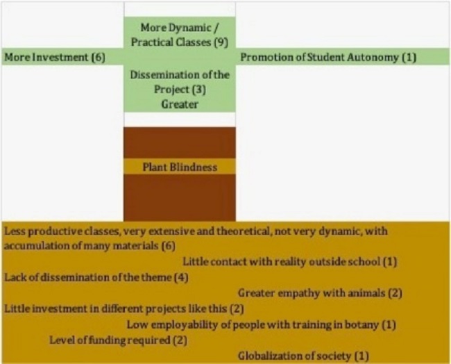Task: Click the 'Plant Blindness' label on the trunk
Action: click(x=179, y=167)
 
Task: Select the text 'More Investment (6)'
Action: click(x=55, y=57)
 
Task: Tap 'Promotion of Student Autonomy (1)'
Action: click(x=327, y=57)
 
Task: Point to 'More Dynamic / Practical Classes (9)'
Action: click(x=180, y=34)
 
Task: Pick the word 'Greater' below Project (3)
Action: click(x=180, y=104)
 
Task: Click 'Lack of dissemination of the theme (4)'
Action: click(x=96, y=277)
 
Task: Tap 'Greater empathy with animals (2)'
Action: click(x=320, y=293)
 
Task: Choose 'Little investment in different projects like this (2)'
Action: click(x=124, y=308)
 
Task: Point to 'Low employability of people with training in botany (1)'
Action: click(x=261, y=324)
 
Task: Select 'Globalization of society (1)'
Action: click(x=303, y=356)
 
